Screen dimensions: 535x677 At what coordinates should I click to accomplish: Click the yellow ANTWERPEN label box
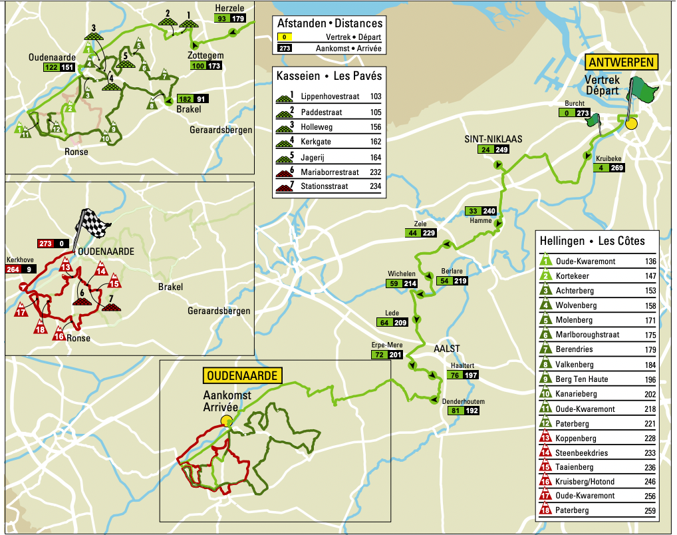[x=621, y=63]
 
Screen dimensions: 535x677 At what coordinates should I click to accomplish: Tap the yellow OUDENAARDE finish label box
[x=243, y=376]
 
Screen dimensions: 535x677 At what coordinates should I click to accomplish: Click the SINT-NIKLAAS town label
[x=493, y=139]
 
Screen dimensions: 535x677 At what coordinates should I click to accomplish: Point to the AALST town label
[x=447, y=349]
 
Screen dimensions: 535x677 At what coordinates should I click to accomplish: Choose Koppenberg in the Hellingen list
[x=581, y=439]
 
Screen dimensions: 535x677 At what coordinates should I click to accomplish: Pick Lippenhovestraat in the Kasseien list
[x=329, y=96]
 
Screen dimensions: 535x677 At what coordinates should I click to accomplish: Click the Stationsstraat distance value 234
[x=375, y=186]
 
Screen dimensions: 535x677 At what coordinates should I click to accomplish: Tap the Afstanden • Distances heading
[x=330, y=24]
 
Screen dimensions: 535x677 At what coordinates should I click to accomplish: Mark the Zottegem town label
[x=205, y=55]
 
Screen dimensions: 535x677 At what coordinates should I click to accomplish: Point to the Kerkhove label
[x=19, y=260]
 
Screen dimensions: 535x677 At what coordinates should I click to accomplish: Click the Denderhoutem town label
[x=463, y=401]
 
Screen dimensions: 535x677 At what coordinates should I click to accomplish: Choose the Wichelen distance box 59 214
[x=402, y=283]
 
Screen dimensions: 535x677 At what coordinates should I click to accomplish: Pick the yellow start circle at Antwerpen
[x=630, y=123]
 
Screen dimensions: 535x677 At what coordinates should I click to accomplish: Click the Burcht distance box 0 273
[x=575, y=114]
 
